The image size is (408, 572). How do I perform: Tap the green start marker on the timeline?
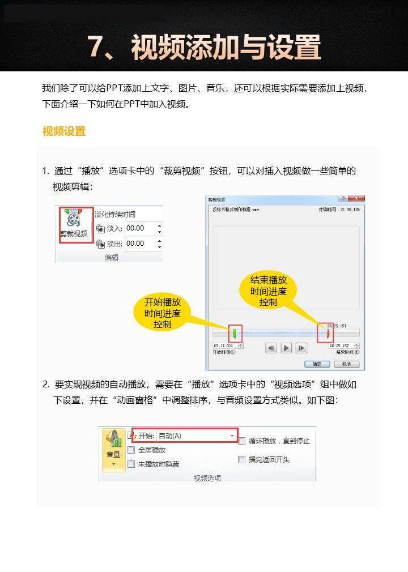point(235,333)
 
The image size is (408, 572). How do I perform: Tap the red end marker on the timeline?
point(328,333)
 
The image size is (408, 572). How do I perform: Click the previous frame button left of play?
point(271,348)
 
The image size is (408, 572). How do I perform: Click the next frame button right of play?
point(301,348)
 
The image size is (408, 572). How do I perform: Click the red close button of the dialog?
point(356,199)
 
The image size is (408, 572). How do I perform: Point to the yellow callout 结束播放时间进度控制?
point(269,291)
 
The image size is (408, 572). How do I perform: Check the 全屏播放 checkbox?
point(131,450)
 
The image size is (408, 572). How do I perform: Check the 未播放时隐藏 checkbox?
point(131,464)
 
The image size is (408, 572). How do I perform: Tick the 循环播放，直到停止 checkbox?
point(242,441)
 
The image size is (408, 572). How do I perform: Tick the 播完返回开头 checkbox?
point(242,459)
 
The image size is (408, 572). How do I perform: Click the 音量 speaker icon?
point(113,439)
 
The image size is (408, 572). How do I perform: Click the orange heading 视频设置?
point(64,131)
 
